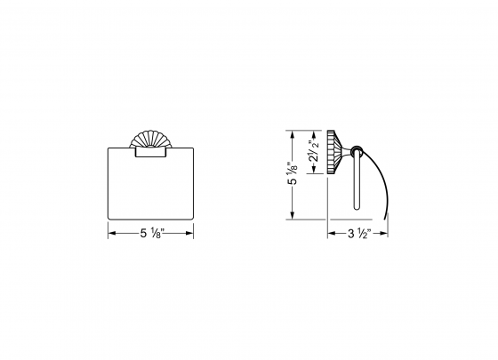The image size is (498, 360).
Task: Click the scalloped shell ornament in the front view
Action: [x=149, y=139]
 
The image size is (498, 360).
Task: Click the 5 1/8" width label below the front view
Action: [x=149, y=235]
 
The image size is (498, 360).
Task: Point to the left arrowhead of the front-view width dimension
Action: [x=111, y=235]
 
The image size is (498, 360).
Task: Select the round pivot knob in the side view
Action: [x=356, y=150]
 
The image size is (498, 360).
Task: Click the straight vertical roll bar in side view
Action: [x=357, y=182]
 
